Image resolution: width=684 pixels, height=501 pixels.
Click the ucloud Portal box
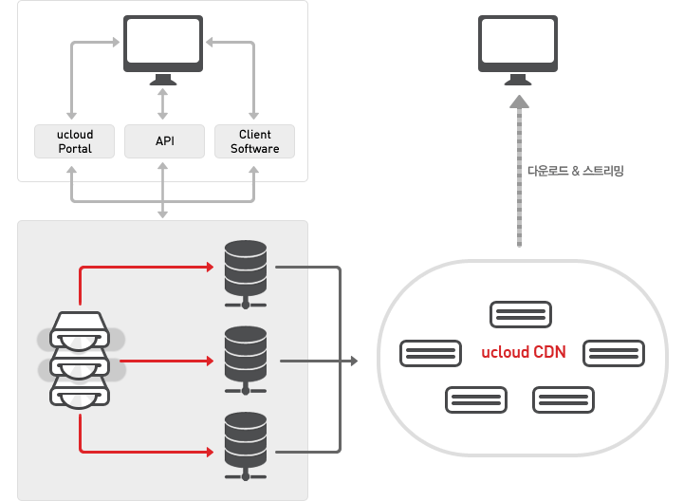click(74, 141)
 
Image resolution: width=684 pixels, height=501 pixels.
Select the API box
click(164, 141)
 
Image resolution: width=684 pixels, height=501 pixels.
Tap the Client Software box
click(254, 141)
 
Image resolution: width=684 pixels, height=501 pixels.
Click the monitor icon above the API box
click(162, 48)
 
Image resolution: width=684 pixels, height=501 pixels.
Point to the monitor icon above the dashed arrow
click(518, 48)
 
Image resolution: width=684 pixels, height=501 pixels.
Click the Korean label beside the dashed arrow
click(576, 172)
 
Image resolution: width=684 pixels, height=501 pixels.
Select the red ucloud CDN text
click(523, 353)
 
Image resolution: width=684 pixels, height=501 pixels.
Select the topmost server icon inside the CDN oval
click(521, 314)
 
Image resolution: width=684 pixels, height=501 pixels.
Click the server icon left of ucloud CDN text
click(432, 353)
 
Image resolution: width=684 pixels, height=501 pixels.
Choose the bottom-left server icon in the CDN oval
click(476, 399)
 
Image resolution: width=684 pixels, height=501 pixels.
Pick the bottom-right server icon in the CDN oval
click(564, 399)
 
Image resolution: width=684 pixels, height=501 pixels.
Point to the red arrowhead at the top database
click(210, 267)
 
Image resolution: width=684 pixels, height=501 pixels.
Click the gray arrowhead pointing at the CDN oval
click(354, 361)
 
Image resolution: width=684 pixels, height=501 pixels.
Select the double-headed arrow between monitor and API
click(162, 102)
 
